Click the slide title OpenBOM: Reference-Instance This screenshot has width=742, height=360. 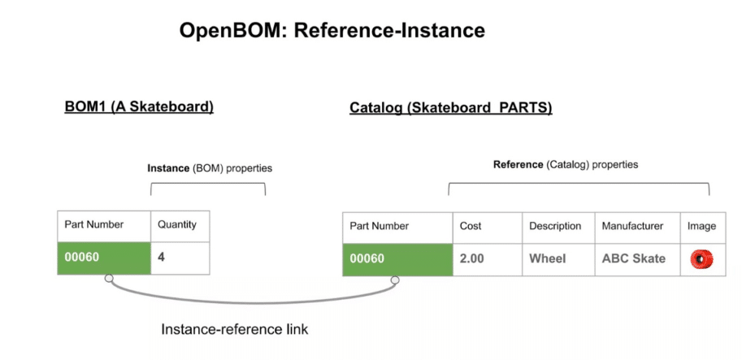pos(332,31)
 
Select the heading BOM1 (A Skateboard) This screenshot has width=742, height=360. pos(139,107)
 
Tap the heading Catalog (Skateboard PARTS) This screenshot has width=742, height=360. pos(450,107)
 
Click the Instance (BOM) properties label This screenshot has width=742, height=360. pos(209,168)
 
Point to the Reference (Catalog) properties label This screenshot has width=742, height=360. pos(566,164)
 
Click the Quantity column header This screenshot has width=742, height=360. pos(177,226)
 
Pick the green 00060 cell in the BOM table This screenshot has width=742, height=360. pos(103,258)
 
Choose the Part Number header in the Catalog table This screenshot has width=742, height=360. pos(380,226)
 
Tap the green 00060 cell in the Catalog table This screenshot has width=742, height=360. pos(397,258)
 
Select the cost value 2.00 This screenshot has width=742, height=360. pos(473,258)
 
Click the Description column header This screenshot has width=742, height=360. pos(555,226)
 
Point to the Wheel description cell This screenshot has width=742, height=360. pos(548,258)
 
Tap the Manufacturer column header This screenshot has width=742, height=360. pos(632,226)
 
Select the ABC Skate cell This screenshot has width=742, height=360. pos(633,258)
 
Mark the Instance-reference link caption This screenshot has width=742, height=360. pos(234,329)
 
